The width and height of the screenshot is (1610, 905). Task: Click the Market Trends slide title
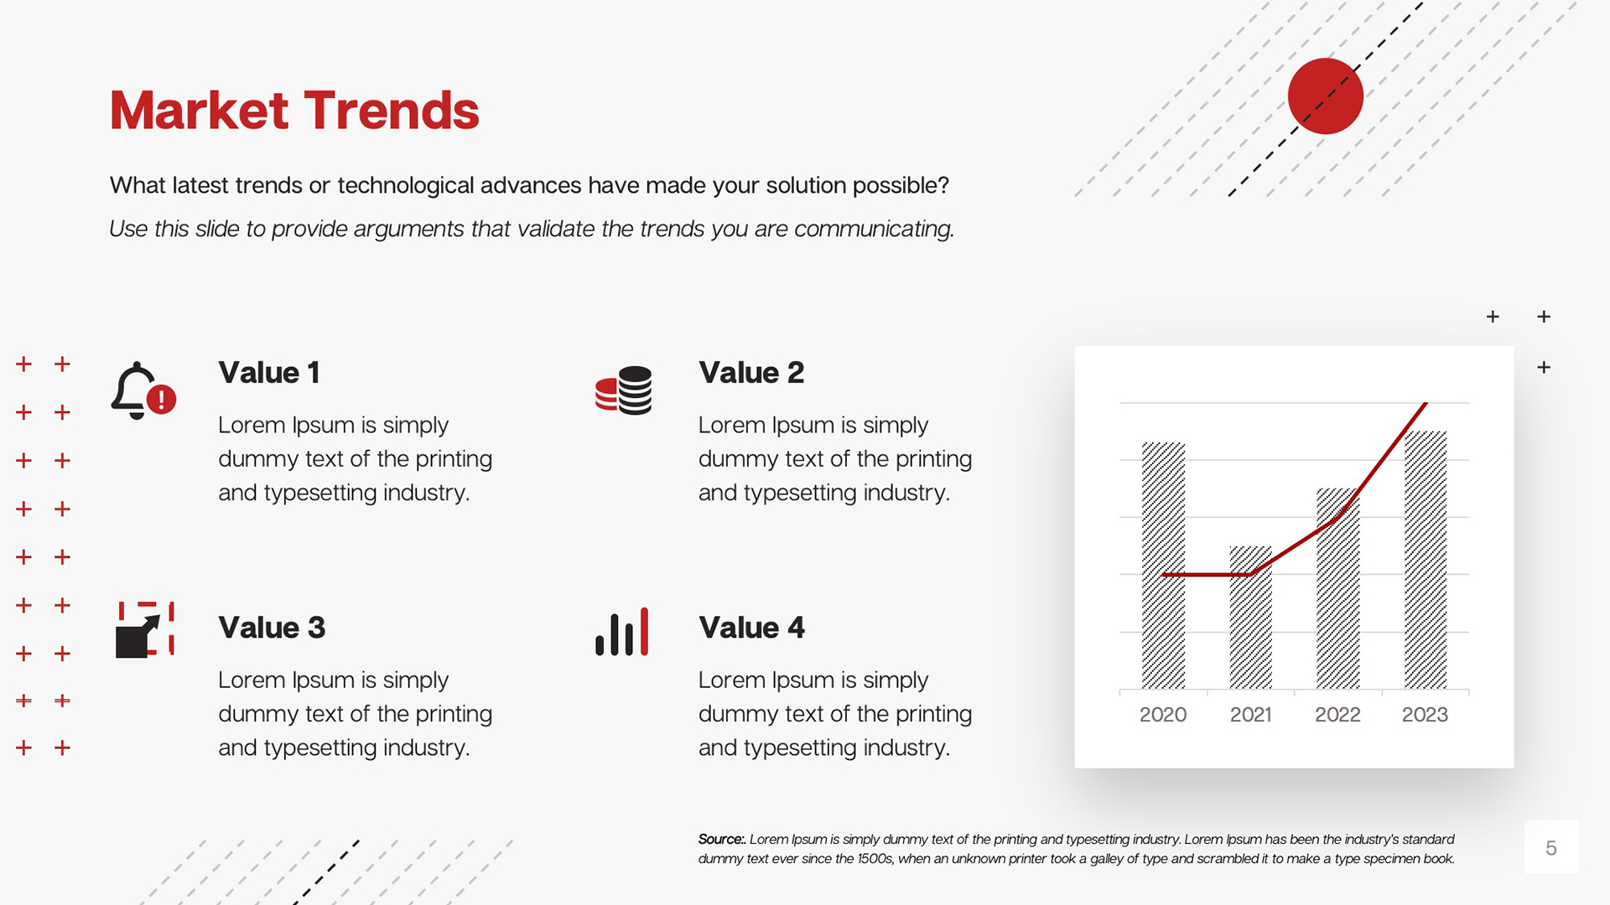tap(294, 111)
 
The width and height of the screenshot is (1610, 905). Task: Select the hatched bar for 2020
tap(1163, 566)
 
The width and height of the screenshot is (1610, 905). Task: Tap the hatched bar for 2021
tap(1250, 618)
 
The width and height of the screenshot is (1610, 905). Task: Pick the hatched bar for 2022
tap(1337, 588)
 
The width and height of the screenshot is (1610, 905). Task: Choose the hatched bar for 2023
tap(1426, 560)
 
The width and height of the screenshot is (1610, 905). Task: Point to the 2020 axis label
tap(1163, 715)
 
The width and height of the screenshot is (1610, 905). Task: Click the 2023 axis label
tap(1425, 715)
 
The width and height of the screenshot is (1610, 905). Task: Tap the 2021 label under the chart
tap(1250, 715)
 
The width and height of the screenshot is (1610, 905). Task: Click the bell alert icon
tap(143, 390)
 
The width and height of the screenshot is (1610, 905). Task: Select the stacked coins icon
tap(623, 390)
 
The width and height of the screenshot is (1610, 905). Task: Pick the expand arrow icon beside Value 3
tap(144, 629)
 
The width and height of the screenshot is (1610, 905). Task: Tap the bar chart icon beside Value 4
tap(622, 632)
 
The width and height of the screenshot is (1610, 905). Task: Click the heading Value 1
tap(269, 372)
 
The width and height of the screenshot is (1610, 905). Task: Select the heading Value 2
tap(751, 372)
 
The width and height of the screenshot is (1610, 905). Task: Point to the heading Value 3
tap(272, 628)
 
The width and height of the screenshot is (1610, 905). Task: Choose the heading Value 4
tap(751, 628)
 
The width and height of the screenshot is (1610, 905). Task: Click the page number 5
tap(1551, 848)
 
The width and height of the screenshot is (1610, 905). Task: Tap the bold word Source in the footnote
tap(721, 839)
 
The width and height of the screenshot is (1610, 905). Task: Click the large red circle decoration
tap(1326, 96)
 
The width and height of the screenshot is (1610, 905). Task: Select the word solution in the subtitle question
tap(804, 185)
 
